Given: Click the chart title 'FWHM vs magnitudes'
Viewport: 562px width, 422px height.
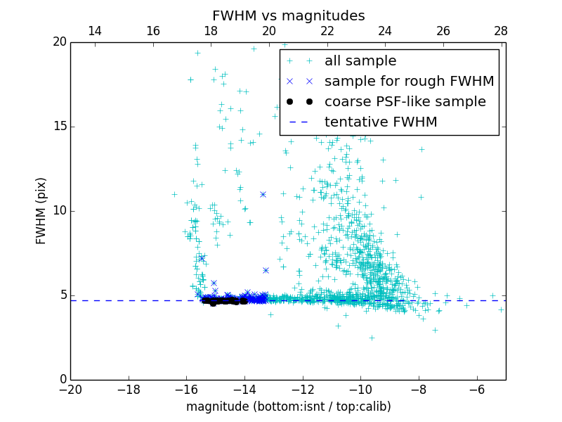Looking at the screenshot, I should tap(288, 15).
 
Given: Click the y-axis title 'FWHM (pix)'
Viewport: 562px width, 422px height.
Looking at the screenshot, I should tap(41, 210).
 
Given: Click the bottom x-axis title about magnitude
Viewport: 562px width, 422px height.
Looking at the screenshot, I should tap(288, 407).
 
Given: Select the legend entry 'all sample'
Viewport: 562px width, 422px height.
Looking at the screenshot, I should tap(360, 61).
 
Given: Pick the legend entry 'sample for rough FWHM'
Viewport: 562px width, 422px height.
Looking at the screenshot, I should tap(409, 82).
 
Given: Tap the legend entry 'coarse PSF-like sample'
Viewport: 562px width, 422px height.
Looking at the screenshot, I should tap(405, 102).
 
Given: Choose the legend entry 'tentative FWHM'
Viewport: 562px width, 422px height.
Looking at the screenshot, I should tap(381, 122).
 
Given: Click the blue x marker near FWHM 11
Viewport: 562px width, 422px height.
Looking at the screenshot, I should tap(263, 194).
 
